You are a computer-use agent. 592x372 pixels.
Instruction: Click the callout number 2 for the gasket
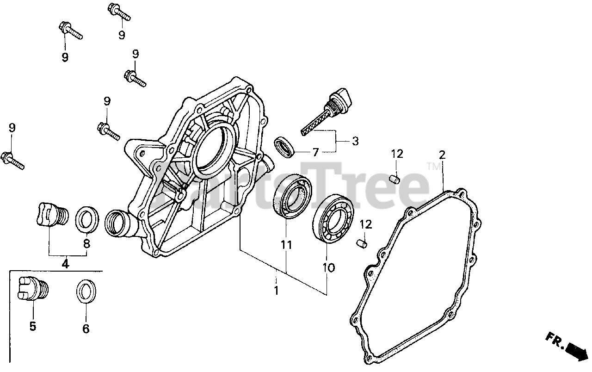point(442,155)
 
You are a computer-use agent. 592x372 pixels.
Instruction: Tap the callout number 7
point(315,153)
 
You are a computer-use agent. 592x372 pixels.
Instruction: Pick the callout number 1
point(276,291)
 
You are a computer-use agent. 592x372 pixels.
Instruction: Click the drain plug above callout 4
point(50,215)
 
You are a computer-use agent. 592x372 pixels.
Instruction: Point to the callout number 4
point(65,264)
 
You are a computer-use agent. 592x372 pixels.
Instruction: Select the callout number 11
point(286,245)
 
